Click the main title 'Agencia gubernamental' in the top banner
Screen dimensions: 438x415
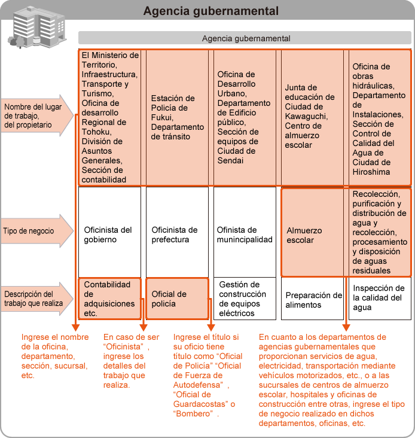coord(211,11)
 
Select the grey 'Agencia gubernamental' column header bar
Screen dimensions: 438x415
coord(246,38)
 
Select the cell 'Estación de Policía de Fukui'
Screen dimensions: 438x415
coord(178,117)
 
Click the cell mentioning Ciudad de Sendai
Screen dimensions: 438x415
coord(244,117)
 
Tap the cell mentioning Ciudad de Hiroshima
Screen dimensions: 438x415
coord(379,117)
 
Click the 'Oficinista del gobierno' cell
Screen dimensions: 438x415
coord(109,235)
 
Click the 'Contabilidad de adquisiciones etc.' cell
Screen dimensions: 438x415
coord(109,299)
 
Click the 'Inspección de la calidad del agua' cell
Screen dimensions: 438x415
coord(379,297)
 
